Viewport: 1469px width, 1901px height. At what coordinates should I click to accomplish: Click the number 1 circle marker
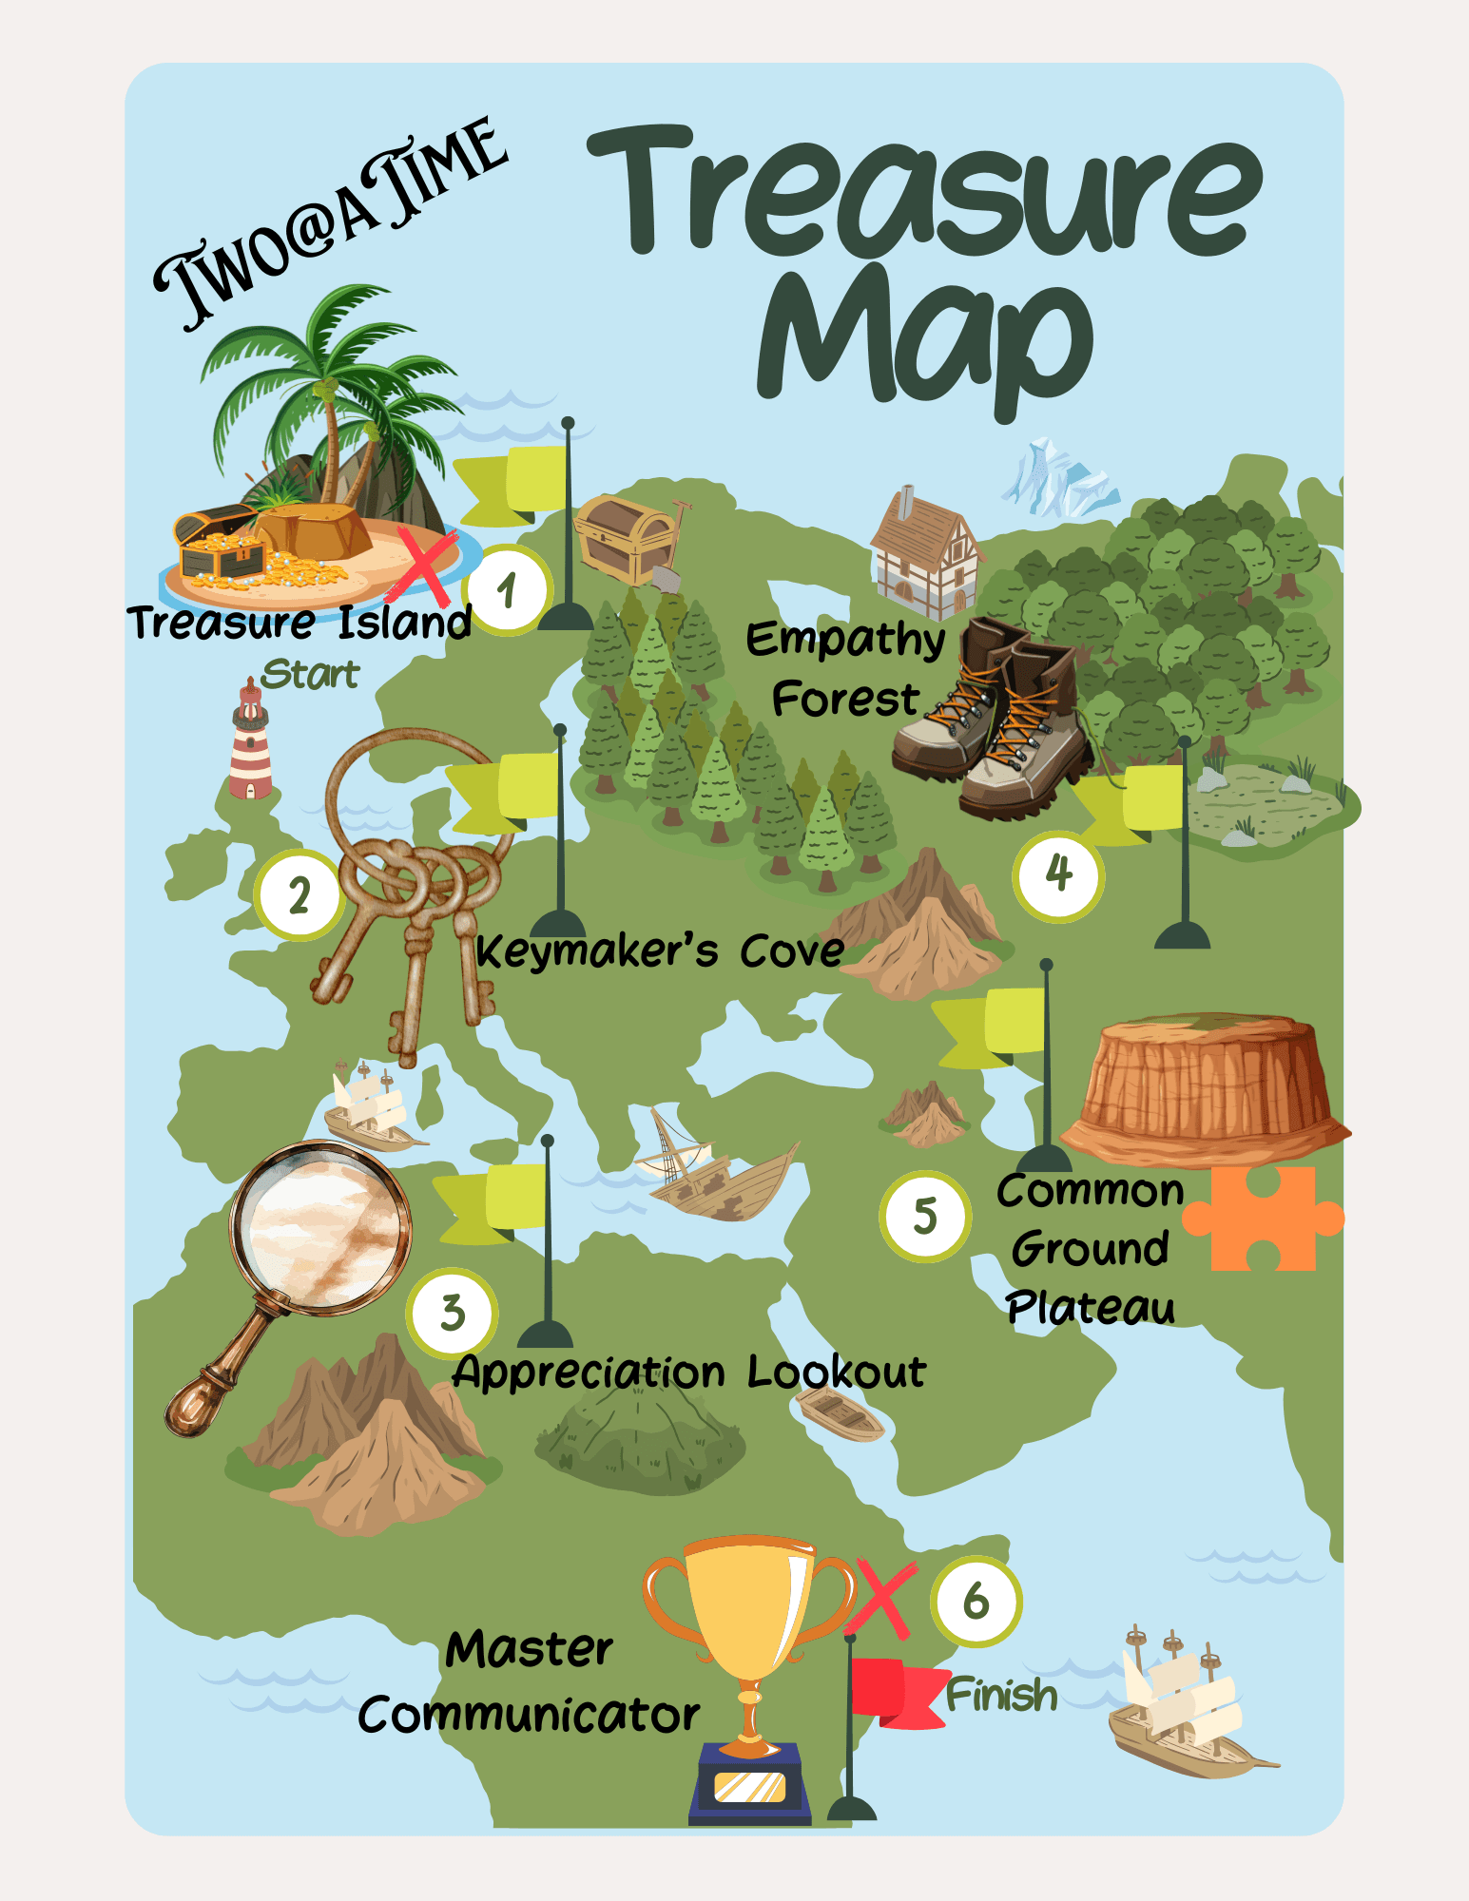(507, 590)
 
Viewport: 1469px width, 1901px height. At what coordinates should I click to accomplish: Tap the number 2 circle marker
(299, 895)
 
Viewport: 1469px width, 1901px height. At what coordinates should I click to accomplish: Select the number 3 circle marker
(453, 1313)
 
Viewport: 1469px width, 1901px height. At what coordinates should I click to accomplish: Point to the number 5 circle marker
(924, 1216)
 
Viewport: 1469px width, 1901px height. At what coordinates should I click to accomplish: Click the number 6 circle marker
(976, 1602)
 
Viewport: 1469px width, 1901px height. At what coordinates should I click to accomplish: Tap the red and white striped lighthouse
(251, 742)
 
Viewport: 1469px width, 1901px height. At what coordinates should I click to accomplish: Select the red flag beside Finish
(894, 1692)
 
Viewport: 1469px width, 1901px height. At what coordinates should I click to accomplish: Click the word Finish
(1001, 1696)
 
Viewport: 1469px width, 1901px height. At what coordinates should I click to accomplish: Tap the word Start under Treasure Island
(310, 674)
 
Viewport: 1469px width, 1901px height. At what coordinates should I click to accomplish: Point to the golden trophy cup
(751, 1616)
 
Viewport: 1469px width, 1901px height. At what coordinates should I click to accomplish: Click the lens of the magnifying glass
(319, 1226)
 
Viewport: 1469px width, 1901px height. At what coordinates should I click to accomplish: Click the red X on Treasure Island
(425, 567)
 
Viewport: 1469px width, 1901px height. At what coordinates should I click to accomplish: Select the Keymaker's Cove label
(659, 951)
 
